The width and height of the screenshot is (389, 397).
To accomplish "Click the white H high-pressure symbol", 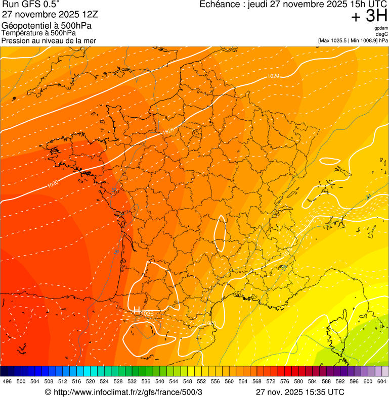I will tap(137, 310).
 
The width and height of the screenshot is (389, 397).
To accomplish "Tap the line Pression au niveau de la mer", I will tap(49, 40).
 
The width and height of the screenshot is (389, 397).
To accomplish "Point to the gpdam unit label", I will tap(381, 29).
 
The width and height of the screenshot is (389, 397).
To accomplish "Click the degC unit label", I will tap(382, 34).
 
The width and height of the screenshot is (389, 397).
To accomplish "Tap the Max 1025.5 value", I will tap(335, 40).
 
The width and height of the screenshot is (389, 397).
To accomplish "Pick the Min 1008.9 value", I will tap(365, 40).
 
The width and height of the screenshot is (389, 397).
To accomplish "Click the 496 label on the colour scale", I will tap(7, 382).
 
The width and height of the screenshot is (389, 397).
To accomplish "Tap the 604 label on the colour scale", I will tap(382, 382).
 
